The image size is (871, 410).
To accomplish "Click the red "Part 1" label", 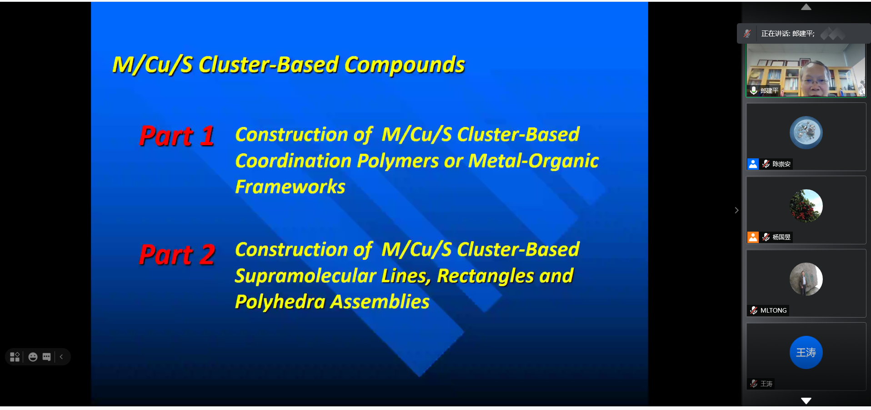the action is (177, 136).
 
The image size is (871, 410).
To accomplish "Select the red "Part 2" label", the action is (177, 254).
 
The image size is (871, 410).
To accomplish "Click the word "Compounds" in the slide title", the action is (405, 65).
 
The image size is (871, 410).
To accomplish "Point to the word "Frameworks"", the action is (290, 187).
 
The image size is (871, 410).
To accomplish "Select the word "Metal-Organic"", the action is (534, 161).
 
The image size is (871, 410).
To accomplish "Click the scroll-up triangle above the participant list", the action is (806, 7).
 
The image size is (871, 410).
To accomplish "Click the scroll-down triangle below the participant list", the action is (806, 400).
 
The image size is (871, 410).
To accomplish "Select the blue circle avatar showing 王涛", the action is (806, 352).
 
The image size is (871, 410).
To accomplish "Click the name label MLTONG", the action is (773, 310).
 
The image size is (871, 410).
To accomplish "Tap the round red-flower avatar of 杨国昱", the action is (806, 206).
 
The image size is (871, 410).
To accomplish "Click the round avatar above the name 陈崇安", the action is (806, 132).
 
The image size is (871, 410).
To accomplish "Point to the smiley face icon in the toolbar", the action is (33, 357).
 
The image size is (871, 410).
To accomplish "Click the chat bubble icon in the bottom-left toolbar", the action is (46, 357).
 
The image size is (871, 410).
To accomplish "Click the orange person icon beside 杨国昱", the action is (753, 237).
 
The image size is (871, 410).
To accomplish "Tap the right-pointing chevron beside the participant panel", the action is (736, 210).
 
